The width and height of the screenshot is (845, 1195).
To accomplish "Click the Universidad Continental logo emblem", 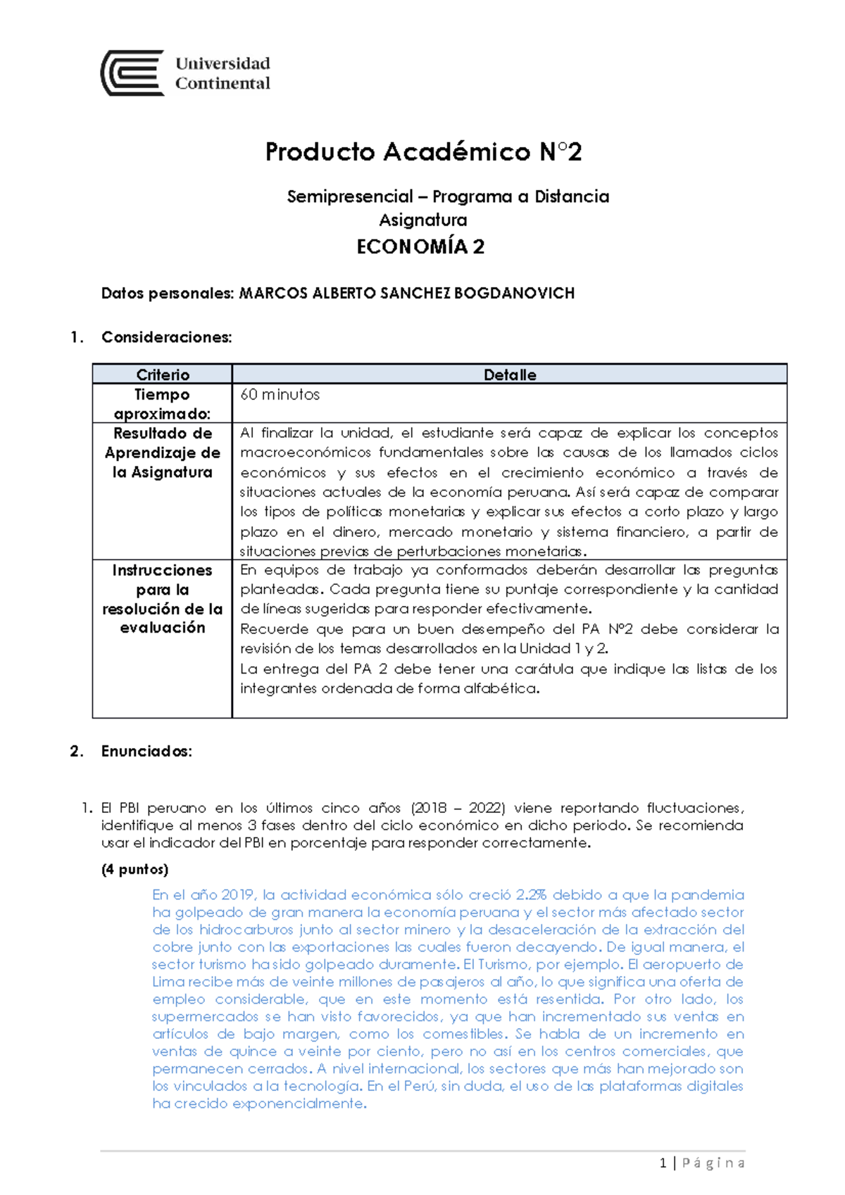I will click(133, 73).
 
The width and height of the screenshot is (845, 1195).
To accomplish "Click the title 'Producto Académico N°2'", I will click(423, 152).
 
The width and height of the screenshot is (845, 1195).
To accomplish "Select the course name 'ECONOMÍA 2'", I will click(420, 247).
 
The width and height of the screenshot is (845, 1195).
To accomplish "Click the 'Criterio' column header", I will click(163, 374).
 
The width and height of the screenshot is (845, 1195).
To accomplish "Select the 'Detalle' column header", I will click(509, 374).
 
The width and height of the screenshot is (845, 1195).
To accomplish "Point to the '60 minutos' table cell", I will click(280, 395).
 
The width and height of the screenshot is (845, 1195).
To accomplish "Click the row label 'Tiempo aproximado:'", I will click(163, 404).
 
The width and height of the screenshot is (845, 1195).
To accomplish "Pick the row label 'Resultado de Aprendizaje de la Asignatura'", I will click(163, 453).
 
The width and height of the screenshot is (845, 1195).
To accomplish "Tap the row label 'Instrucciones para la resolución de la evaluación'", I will click(163, 599).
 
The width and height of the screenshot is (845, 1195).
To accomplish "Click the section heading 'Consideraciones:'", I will click(166, 337).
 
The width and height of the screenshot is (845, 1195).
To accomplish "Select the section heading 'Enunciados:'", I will click(146, 751).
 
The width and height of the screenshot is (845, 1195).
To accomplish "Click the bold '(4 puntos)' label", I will click(135, 869).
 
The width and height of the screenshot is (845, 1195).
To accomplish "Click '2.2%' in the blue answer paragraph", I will click(531, 895).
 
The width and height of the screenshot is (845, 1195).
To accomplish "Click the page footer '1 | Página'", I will click(702, 1163).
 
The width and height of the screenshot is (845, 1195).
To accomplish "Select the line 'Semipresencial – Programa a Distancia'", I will click(448, 197).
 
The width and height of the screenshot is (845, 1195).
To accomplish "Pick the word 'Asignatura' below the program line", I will click(423, 220).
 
